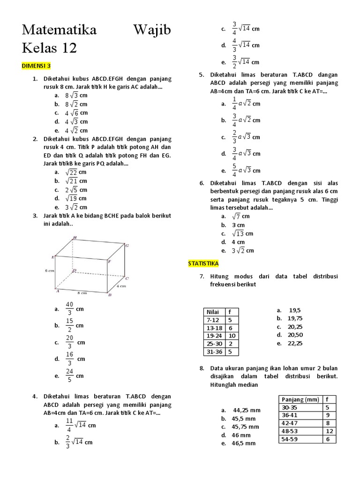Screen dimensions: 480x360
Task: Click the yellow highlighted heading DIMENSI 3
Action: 36,66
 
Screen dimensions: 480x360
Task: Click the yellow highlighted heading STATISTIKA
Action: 203,264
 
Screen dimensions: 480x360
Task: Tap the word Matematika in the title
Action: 59,30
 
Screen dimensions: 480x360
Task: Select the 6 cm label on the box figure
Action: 50,270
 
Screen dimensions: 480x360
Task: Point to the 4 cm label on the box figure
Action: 121,285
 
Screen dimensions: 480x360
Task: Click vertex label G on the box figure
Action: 127,246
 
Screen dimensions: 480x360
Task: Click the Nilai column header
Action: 213,312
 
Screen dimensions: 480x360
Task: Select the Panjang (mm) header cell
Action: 300,399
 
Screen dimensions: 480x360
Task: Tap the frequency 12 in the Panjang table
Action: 329,431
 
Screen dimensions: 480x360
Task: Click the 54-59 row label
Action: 290,439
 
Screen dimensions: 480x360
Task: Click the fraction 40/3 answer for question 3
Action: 70,309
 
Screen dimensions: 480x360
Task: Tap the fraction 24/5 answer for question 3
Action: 70,375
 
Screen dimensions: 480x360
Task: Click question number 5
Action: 201,75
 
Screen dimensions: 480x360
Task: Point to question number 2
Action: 35,139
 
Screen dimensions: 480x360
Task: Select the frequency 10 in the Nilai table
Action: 232,336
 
